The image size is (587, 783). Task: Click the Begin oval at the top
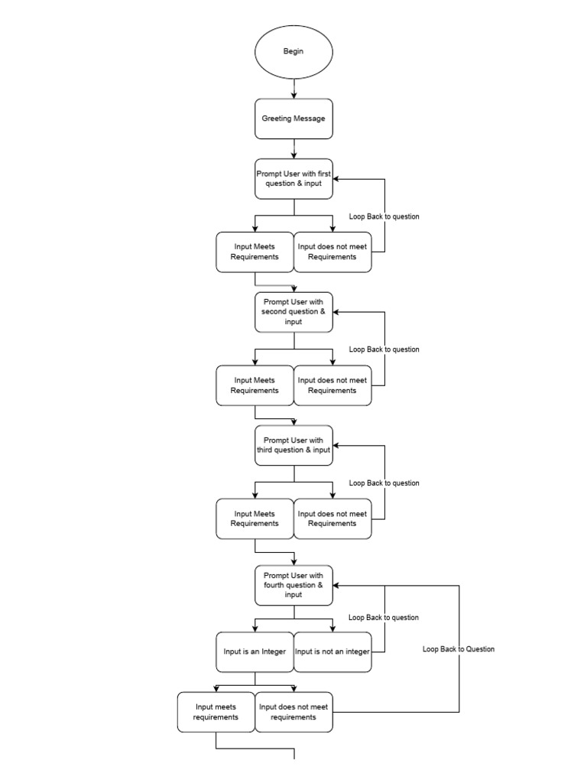pyautogui.click(x=293, y=51)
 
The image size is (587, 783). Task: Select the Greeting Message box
pyautogui.click(x=293, y=119)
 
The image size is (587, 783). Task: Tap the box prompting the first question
pyautogui.click(x=293, y=179)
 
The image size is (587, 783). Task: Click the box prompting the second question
pyautogui.click(x=293, y=312)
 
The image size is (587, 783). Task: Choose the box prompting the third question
pyautogui.click(x=293, y=445)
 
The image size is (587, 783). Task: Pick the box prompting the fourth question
pyautogui.click(x=293, y=585)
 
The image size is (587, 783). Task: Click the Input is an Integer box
pyautogui.click(x=255, y=652)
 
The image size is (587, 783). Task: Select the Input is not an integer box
pyautogui.click(x=332, y=652)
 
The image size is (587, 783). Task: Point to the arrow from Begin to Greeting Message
pyautogui.click(x=293, y=89)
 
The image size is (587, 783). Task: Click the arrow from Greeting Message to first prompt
pyautogui.click(x=293, y=149)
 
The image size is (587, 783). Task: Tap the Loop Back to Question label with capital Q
pyautogui.click(x=459, y=649)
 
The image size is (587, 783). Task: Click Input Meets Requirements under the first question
pyautogui.click(x=255, y=252)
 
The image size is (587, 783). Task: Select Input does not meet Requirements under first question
pyautogui.click(x=332, y=252)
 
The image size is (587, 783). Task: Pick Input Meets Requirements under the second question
pyautogui.click(x=255, y=385)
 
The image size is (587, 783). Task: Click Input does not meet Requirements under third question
pyautogui.click(x=332, y=518)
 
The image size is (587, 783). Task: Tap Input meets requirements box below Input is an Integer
pyautogui.click(x=216, y=712)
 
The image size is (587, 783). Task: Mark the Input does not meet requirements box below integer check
pyautogui.click(x=293, y=712)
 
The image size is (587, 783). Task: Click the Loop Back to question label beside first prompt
pyautogui.click(x=384, y=216)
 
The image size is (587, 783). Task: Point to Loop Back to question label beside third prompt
pyautogui.click(x=384, y=483)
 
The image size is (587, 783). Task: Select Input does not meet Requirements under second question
pyautogui.click(x=332, y=385)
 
